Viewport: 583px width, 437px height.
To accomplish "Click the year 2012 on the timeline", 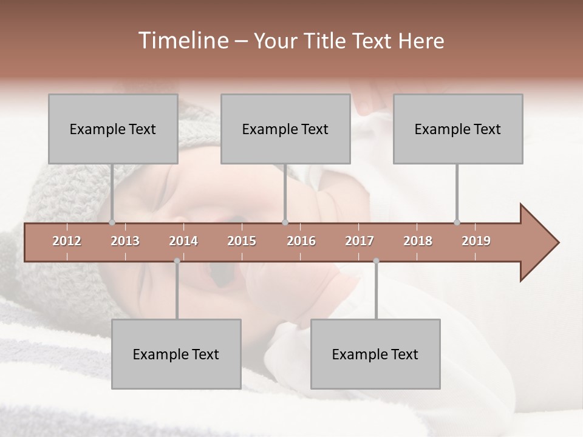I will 67,241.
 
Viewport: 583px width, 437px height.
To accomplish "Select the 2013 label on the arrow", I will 125,241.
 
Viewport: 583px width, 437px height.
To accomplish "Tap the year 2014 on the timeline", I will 183,241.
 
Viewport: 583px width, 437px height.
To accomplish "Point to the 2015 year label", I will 242,241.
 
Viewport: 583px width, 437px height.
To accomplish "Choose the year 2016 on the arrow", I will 301,241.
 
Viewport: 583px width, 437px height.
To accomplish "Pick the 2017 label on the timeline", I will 360,241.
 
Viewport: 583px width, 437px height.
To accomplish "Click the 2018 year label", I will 418,241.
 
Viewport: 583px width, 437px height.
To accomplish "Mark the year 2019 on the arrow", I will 476,241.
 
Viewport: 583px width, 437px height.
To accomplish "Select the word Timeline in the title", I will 182,41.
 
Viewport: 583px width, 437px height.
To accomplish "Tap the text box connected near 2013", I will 113,129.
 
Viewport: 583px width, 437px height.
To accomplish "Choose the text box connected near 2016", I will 285,129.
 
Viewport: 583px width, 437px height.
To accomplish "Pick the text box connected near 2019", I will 458,129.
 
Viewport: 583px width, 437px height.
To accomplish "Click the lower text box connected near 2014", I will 176,354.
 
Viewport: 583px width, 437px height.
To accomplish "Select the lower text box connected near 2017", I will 375,354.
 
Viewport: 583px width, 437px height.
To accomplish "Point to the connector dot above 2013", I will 112,222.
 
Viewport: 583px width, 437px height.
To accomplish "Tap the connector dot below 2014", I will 177,261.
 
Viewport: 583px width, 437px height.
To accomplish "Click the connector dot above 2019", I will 457,222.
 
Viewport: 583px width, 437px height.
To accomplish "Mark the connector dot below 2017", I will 376,261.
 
